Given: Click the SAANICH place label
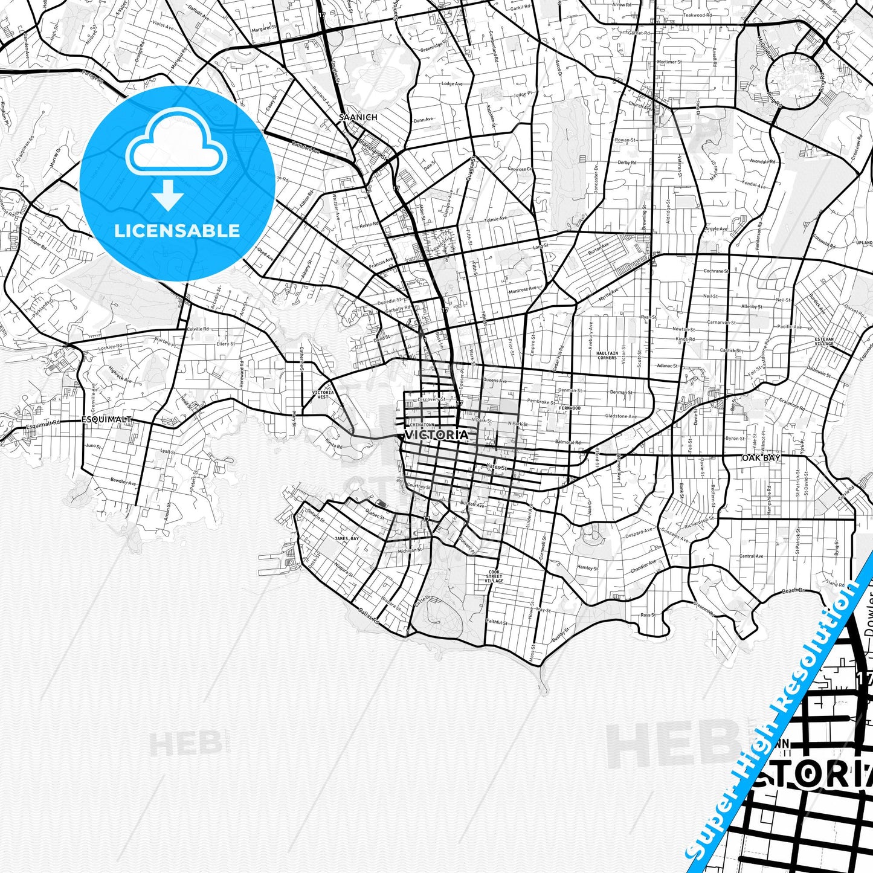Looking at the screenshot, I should (x=358, y=117).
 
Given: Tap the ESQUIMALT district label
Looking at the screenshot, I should (x=106, y=419).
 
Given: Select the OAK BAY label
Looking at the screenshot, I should (x=761, y=458).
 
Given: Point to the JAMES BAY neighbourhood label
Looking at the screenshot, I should (x=346, y=538).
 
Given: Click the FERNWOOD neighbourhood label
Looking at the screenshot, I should (x=570, y=408).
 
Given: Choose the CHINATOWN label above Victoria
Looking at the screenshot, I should (x=422, y=425).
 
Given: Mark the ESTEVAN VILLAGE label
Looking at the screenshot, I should (x=823, y=341).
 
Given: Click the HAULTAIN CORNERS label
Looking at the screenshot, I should (x=607, y=355).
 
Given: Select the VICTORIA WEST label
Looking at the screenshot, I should (x=321, y=395).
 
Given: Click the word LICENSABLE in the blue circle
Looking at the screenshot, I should (x=177, y=230).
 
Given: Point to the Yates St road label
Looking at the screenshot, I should (x=496, y=466).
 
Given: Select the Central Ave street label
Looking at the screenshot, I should (x=751, y=556).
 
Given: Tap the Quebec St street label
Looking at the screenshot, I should (x=375, y=515).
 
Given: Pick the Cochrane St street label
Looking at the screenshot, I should (x=717, y=271).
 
